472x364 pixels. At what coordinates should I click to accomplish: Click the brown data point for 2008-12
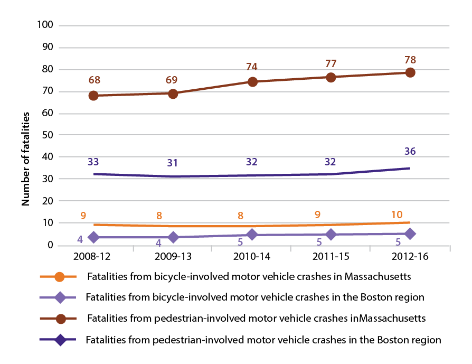pyautogui.click(x=93, y=96)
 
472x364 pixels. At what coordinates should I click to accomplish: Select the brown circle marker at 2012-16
pyautogui.click(x=410, y=72)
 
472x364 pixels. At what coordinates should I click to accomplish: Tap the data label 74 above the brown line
pyautogui.click(x=251, y=67)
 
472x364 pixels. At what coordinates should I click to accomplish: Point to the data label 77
pyautogui.click(x=331, y=63)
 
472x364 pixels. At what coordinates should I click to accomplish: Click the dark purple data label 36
pyautogui.click(x=410, y=152)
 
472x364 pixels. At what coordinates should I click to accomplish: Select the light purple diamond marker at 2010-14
pyautogui.click(x=252, y=235)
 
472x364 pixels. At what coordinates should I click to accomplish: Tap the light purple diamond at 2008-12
pyautogui.click(x=93, y=237)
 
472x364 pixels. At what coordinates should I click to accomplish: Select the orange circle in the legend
pyautogui.click(x=59, y=276)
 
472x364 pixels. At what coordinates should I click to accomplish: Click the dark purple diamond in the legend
pyautogui.click(x=59, y=340)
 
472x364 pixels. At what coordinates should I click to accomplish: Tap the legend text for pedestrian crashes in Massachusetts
pyautogui.click(x=256, y=319)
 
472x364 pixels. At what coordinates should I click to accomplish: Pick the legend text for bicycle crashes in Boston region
pyautogui.click(x=254, y=297)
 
